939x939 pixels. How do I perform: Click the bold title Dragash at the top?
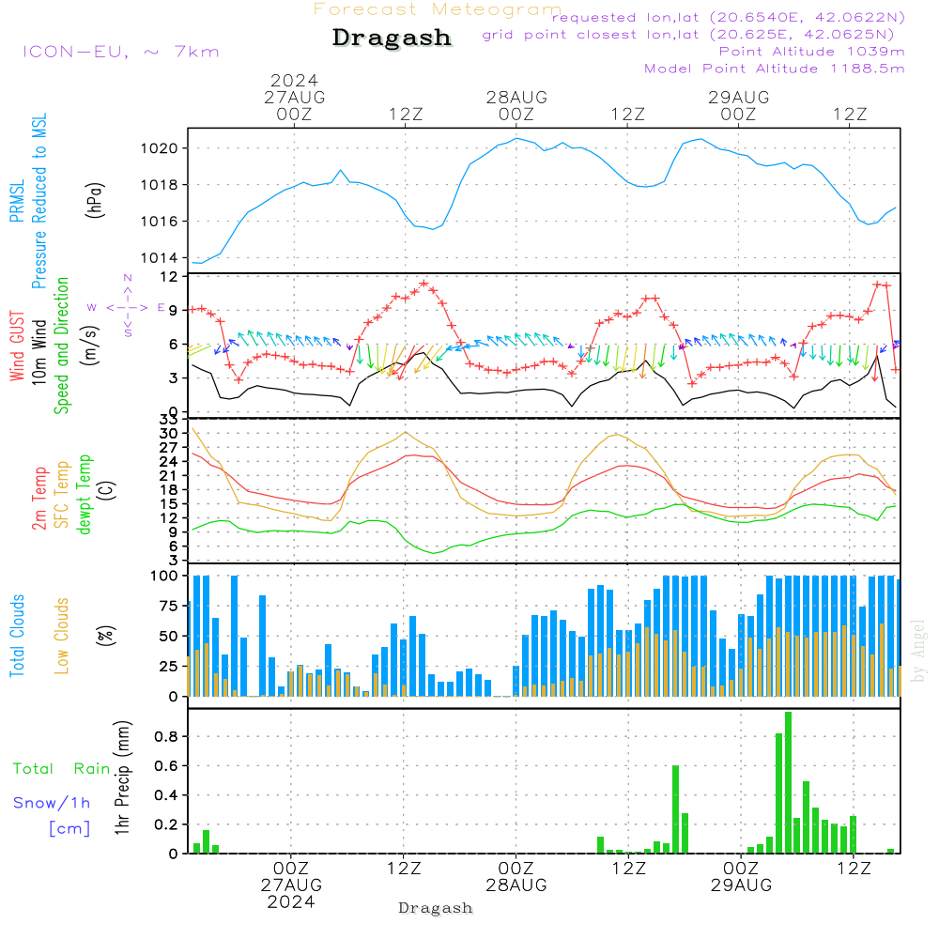(x=392, y=38)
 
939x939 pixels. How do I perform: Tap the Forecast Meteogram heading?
(x=438, y=9)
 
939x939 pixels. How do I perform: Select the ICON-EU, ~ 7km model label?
(x=120, y=52)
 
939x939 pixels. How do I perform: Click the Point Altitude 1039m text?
(x=812, y=52)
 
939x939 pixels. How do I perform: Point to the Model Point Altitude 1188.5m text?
(x=775, y=69)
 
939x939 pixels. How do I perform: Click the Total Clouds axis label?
(x=17, y=636)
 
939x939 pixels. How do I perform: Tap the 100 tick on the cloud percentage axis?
(x=165, y=576)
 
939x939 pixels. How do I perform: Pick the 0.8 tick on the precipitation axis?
(x=168, y=737)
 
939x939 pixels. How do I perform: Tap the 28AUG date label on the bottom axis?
(x=516, y=885)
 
